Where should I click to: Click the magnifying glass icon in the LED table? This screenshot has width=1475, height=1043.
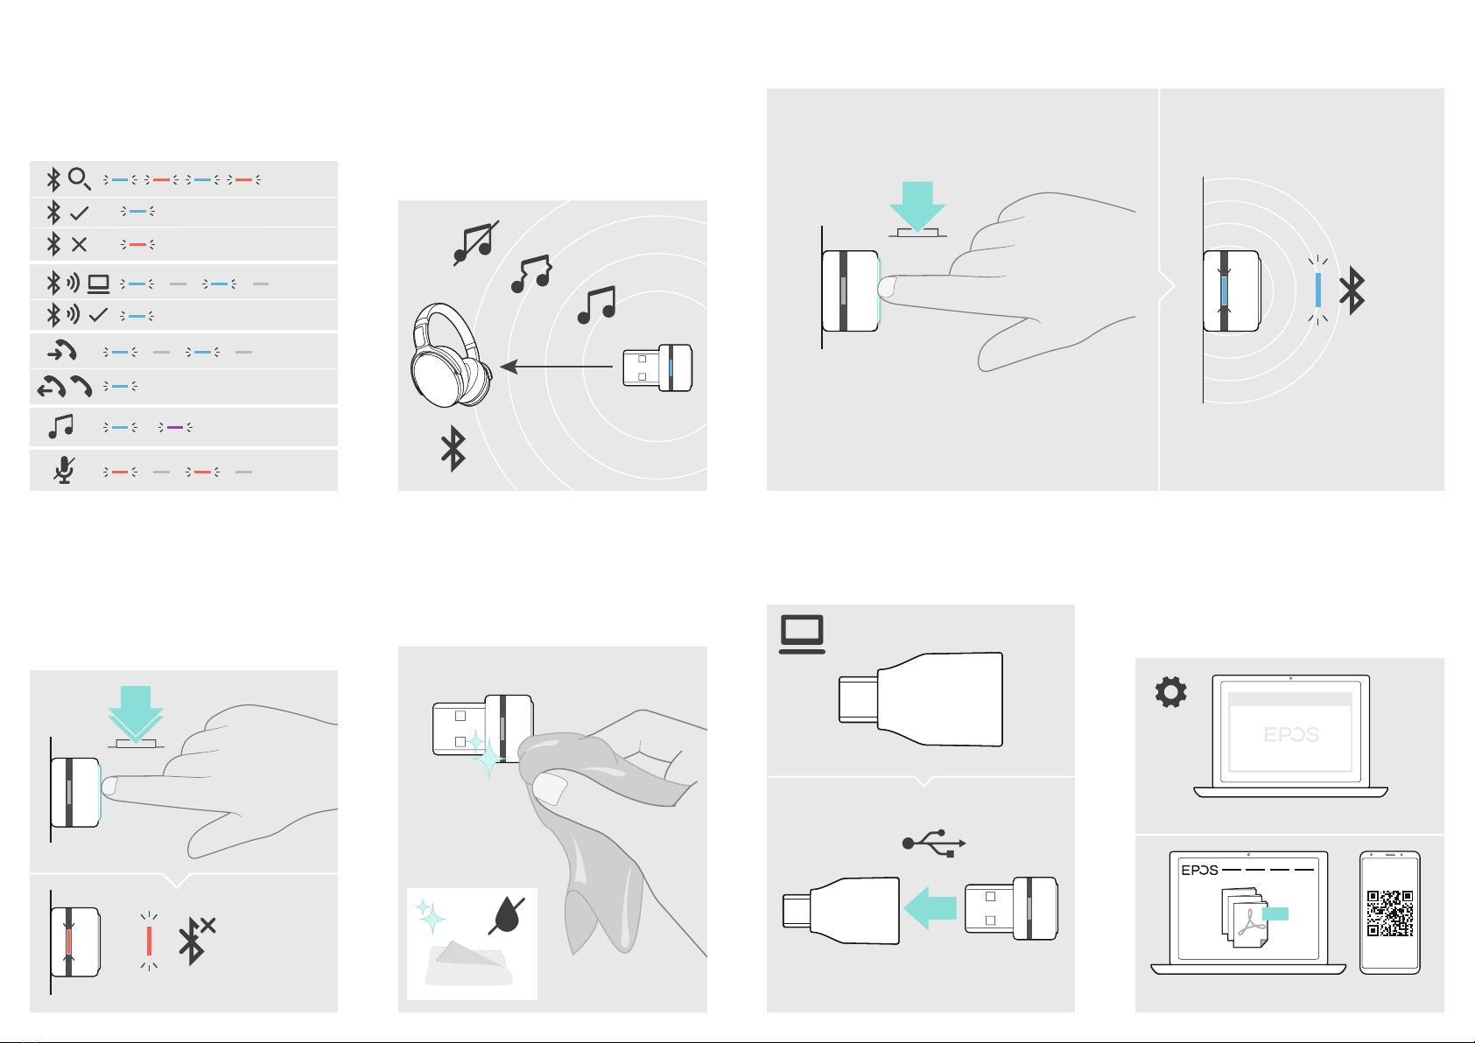(x=79, y=179)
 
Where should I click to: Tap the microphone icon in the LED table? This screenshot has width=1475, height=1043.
(x=64, y=470)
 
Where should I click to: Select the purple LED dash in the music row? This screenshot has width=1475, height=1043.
(x=175, y=428)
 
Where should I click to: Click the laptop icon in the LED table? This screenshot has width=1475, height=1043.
(x=99, y=283)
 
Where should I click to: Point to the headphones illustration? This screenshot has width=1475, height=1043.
(x=451, y=355)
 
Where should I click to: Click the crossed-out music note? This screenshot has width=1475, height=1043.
(x=475, y=243)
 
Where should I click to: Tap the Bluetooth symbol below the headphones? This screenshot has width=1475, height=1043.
(x=453, y=448)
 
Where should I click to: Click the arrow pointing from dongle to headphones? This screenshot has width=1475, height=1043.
(x=557, y=367)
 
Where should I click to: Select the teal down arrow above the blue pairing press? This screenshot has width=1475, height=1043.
(x=917, y=206)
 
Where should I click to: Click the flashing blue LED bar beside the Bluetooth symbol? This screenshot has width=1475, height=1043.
(x=1317, y=290)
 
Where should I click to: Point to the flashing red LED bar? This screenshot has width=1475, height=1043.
(x=150, y=941)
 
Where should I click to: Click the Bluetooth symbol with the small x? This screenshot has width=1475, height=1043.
(x=196, y=941)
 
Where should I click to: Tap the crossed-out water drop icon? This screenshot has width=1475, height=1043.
(x=506, y=914)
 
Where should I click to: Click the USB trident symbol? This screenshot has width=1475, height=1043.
(x=934, y=843)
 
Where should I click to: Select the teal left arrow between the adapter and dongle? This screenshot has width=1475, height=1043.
(x=930, y=907)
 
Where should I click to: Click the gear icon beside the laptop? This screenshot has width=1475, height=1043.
(x=1170, y=691)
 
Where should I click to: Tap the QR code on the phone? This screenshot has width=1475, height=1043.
(x=1390, y=913)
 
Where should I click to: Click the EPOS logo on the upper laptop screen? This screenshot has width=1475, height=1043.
(x=1290, y=734)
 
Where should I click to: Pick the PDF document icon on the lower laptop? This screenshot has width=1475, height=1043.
(x=1245, y=918)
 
